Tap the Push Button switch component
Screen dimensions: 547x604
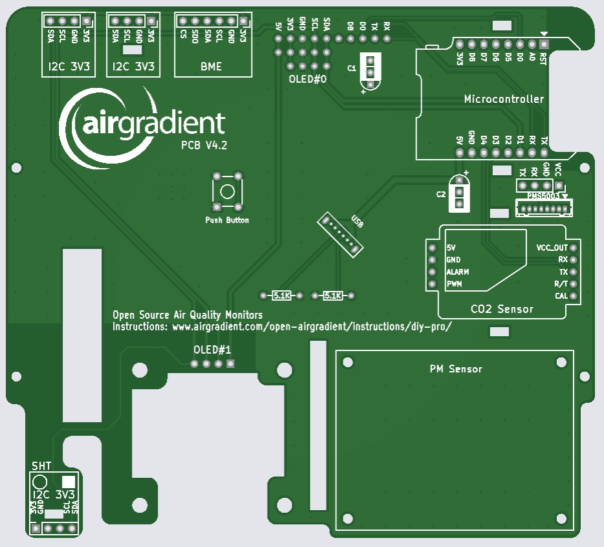coord(228,191)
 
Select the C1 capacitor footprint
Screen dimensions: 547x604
coord(370,71)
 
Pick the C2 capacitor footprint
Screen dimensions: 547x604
coord(459,194)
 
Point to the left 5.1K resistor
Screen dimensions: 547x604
coord(281,295)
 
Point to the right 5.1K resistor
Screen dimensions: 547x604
coord(332,295)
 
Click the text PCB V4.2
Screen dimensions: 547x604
coord(204,146)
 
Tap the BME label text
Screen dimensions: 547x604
coord(211,66)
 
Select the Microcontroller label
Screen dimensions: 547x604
coord(504,99)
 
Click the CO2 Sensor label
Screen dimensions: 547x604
coord(502,309)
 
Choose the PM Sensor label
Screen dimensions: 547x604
coord(456,369)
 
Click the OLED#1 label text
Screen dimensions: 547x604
coord(212,350)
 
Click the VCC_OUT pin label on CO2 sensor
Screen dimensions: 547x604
coord(552,248)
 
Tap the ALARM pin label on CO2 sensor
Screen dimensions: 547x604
coord(458,272)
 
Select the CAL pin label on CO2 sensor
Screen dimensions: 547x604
coord(561,296)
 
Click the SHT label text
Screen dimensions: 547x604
coord(41,466)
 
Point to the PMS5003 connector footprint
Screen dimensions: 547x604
coord(544,208)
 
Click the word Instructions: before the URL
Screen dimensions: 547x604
coord(140,327)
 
